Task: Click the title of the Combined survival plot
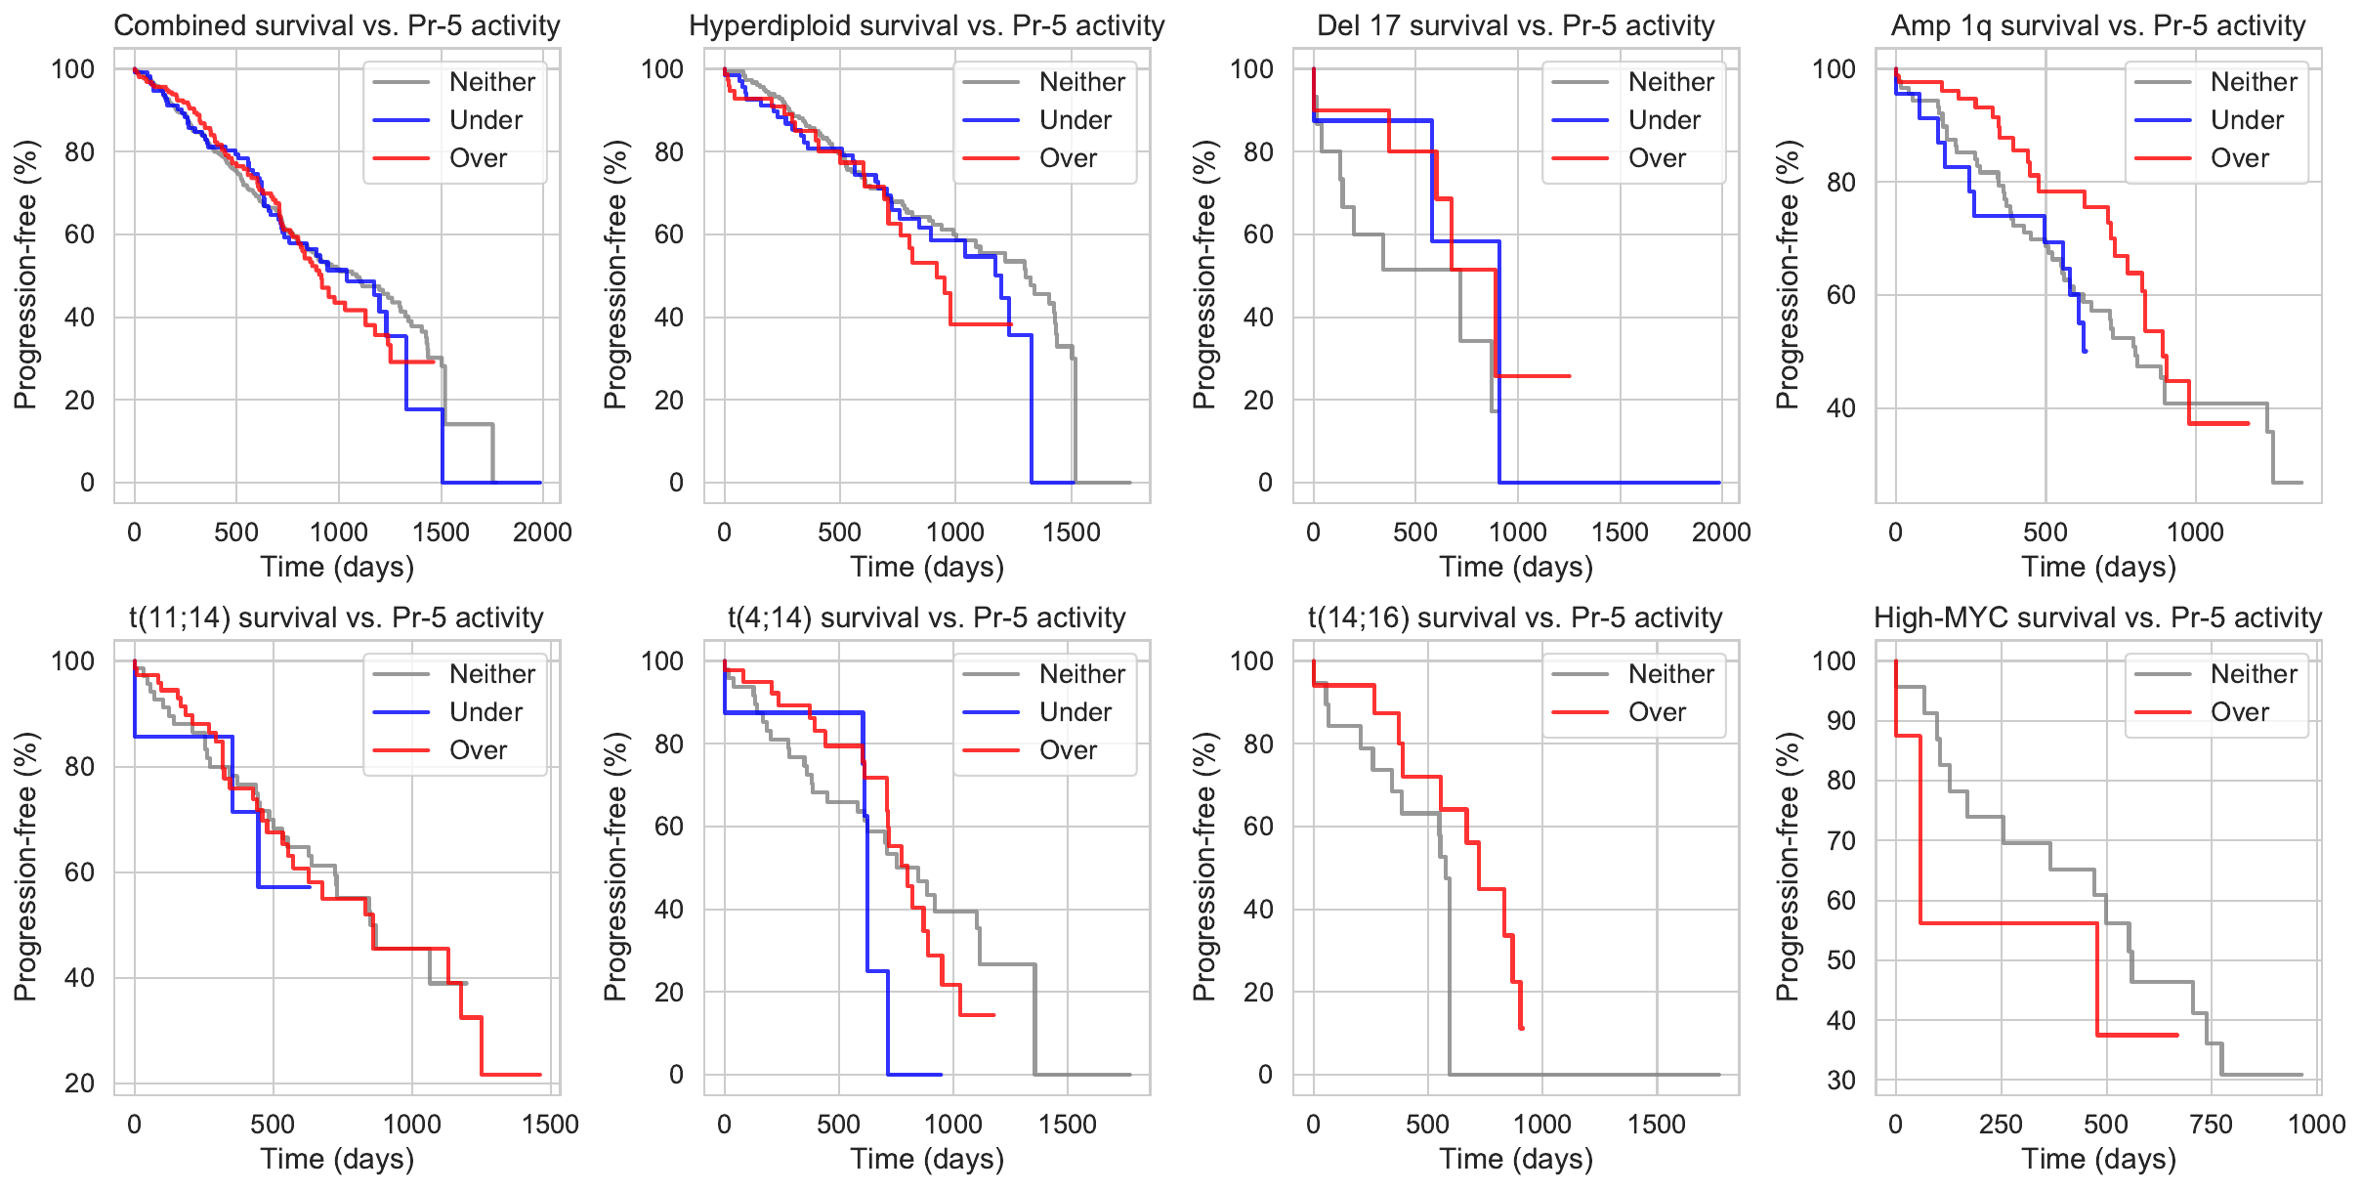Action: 337,25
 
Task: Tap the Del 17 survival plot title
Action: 1515,25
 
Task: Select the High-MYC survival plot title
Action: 2097,617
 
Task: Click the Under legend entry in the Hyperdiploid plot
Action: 1075,120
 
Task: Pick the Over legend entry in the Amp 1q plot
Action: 2239,158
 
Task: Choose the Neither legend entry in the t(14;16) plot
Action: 1670,674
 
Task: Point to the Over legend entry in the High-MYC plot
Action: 2239,712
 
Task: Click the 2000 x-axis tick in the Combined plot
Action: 542,532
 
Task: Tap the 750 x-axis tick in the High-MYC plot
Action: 2211,1125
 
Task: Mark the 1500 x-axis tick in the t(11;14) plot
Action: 550,1125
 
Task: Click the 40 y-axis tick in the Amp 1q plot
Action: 1840,408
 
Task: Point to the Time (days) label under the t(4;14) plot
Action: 927,1160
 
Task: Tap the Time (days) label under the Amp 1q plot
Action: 2098,568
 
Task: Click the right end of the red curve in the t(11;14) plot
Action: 540,1075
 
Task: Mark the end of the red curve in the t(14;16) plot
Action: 1522,1028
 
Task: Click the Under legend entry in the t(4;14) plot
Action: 1075,712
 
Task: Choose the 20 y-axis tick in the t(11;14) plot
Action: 80,1084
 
